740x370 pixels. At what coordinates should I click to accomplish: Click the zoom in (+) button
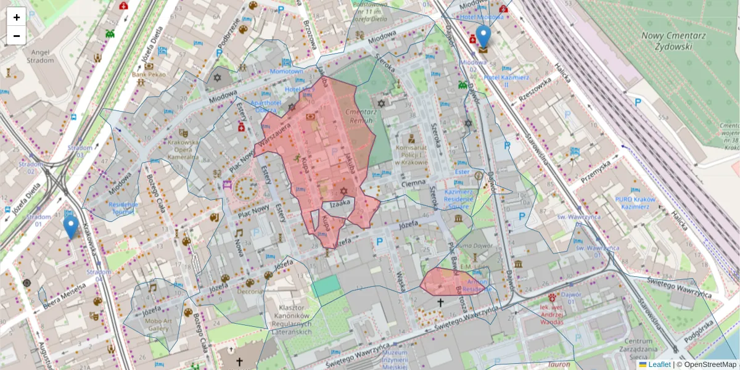[x=17, y=17]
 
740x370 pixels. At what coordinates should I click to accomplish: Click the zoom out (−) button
[x=17, y=36]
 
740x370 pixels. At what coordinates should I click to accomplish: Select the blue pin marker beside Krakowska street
[x=71, y=226]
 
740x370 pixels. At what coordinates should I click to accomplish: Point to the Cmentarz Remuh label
[x=361, y=116]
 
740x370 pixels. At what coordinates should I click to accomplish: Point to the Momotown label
[x=287, y=72]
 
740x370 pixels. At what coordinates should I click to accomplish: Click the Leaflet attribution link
[x=659, y=364]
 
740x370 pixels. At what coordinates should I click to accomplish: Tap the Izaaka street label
[x=340, y=202]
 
